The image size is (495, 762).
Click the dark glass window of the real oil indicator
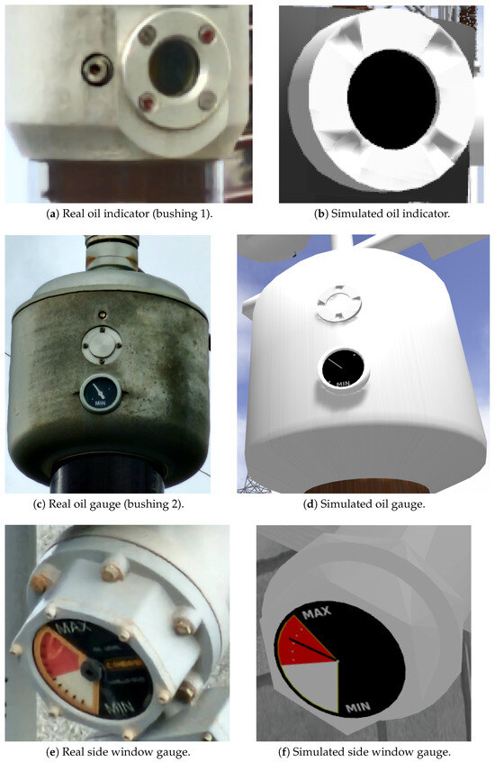(x=174, y=67)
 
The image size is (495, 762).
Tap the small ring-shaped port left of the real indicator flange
(x=96, y=69)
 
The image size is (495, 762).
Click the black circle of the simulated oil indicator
(x=392, y=99)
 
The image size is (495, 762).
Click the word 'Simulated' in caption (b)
(x=353, y=213)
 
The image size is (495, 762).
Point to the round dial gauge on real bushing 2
(x=101, y=393)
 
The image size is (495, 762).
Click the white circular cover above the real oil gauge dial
(x=102, y=345)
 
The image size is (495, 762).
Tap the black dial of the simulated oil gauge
(x=344, y=369)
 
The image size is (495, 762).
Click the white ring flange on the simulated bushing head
(x=339, y=304)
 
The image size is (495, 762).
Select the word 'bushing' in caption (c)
(x=145, y=504)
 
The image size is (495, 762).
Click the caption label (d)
(x=310, y=504)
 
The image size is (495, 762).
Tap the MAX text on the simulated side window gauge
(x=316, y=612)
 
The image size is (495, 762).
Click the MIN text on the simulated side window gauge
(x=358, y=708)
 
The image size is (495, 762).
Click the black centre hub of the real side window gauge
(x=91, y=671)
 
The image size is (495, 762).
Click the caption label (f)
(x=284, y=752)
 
